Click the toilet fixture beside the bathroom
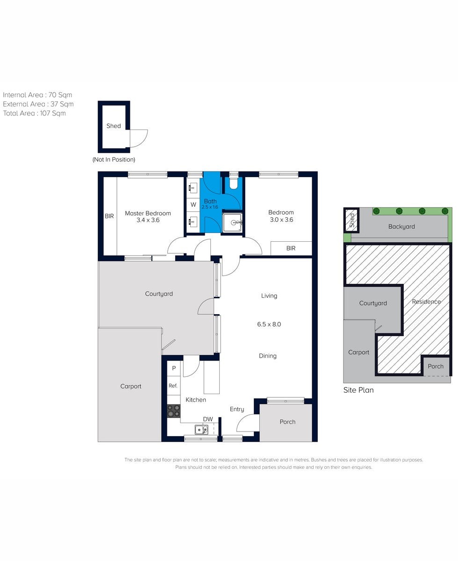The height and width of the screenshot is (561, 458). [x=233, y=184]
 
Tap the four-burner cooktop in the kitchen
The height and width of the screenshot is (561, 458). [x=174, y=411]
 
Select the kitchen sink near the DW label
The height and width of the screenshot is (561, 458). [x=201, y=430]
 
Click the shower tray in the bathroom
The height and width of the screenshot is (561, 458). [x=233, y=223]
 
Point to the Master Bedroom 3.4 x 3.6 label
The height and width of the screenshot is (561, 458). [x=148, y=216]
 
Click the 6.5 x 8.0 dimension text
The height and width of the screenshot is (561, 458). [x=269, y=324]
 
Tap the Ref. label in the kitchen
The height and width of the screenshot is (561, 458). [x=173, y=386]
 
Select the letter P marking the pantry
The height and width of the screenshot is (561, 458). [x=174, y=368]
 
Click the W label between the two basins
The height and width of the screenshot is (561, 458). [x=193, y=205]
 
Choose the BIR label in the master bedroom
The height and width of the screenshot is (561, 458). [x=109, y=216]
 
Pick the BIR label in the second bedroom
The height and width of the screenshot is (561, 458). [x=291, y=248]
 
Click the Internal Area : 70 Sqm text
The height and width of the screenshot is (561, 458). [x=37, y=95]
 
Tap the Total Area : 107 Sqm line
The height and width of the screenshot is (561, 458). [x=34, y=113]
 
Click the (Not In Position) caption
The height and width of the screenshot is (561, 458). [x=114, y=159]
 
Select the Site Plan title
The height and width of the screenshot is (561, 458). [x=358, y=390]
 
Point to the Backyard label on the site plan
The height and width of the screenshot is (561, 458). [x=401, y=227]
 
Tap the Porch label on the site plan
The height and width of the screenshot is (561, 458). [x=436, y=367]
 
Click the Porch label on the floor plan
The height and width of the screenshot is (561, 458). [x=287, y=422]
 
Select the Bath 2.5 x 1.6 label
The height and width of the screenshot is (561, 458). [x=210, y=204]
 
